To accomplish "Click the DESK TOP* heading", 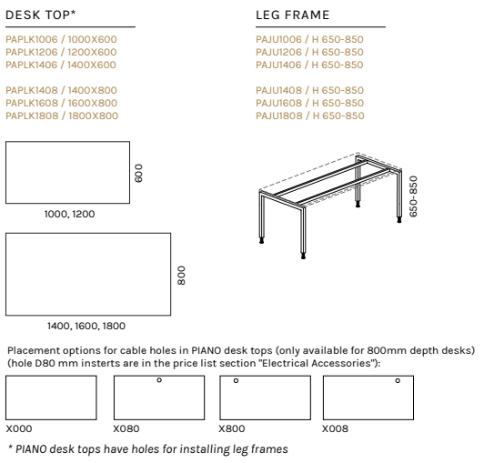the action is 41,15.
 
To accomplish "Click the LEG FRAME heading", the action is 293,15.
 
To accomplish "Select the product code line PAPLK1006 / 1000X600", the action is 61,39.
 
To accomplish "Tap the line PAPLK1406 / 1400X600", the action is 61,65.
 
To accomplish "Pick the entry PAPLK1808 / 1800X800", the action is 62,116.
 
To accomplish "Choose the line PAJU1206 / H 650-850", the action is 309,52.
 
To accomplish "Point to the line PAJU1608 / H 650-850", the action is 310,103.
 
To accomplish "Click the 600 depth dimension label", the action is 138,173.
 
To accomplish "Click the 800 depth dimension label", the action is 182,276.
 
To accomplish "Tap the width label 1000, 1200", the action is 69,214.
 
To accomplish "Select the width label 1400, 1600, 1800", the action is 86,326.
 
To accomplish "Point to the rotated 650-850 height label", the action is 413,196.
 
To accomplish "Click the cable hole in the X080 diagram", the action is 159,380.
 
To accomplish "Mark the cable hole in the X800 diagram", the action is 236,380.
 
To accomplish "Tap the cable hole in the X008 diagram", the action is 398,380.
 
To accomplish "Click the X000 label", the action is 19,428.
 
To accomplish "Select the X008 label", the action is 335,428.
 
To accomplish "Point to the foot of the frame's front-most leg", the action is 304,256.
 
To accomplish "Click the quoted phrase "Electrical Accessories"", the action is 316,363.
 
